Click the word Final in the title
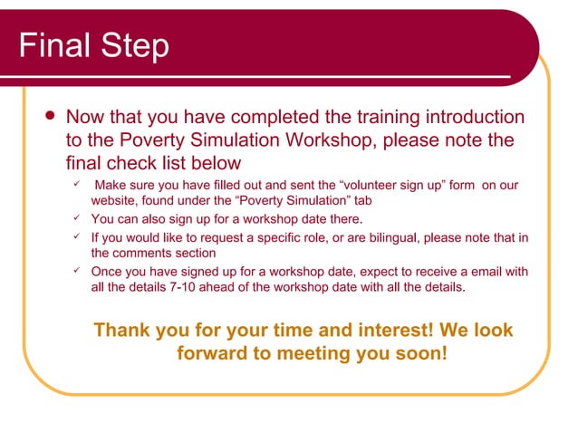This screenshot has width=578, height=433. click(55, 44)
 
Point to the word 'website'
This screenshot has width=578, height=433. click(116, 200)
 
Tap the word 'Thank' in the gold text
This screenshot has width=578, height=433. click(122, 330)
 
